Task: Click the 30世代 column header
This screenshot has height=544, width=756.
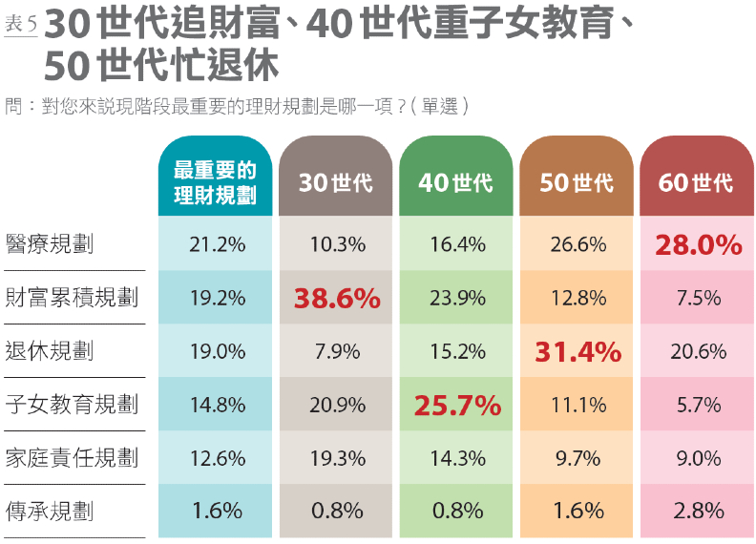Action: point(336,182)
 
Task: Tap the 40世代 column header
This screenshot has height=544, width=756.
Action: point(456,182)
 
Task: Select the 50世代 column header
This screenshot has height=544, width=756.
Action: point(577,182)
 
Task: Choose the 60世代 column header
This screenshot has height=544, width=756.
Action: point(697,182)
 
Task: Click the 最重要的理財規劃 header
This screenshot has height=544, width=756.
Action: point(216,182)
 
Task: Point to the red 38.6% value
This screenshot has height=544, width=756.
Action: point(337,299)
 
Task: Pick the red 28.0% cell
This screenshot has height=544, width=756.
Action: point(698,245)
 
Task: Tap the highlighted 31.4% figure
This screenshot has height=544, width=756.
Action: point(577,352)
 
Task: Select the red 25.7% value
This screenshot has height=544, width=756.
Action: point(457,406)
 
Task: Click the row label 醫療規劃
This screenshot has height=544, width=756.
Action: point(49,244)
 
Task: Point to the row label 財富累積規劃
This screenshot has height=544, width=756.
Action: point(72,298)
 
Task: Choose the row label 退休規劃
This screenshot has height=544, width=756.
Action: point(49,351)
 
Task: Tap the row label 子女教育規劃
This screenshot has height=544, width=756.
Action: point(72,405)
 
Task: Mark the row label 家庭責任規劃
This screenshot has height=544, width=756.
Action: point(72,458)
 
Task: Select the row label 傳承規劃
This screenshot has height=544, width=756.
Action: point(49,512)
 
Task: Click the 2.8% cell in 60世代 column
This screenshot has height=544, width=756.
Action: point(698,512)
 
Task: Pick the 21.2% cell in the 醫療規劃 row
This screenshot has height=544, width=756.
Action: point(217,245)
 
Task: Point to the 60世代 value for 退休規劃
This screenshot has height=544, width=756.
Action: point(698,352)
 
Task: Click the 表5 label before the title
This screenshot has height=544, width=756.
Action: point(20,25)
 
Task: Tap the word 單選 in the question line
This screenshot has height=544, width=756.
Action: point(438,107)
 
